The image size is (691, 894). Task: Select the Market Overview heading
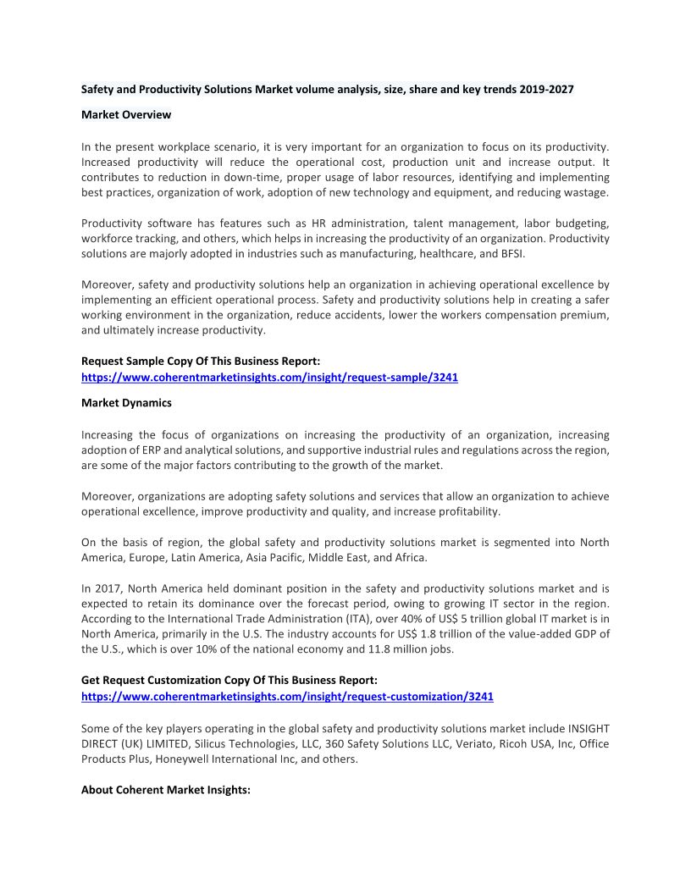[126, 114]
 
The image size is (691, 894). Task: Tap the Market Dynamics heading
[126, 403]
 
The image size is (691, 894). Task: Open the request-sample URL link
[269, 378]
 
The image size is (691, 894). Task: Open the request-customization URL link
[287, 697]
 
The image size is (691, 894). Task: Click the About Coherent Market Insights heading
[166, 790]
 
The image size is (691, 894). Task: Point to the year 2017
[112, 588]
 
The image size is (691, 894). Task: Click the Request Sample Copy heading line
[200, 361]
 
